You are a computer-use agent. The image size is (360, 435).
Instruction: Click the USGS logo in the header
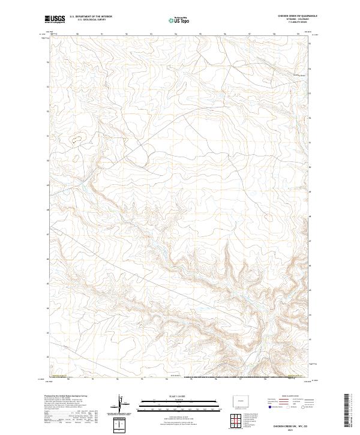(x=55, y=19)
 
